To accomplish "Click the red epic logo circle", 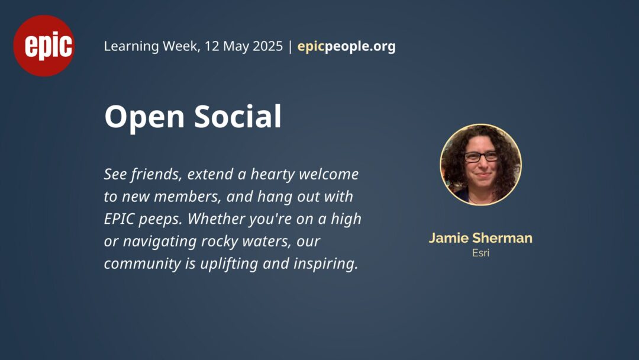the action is click(44, 46).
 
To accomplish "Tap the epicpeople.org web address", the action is click(346, 46).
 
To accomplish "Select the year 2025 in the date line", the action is click(267, 46).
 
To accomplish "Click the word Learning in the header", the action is click(131, 46).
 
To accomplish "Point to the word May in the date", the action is click(235, 47).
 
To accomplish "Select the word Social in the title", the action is click(238, 116).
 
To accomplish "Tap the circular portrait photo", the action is click(481, 165).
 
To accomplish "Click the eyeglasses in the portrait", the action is click(481, 156).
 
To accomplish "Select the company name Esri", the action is click(480, 253).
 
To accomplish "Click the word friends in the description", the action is click(156, 174).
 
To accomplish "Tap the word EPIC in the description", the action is click(119, 219).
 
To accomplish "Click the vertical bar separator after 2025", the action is click(290, 46).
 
